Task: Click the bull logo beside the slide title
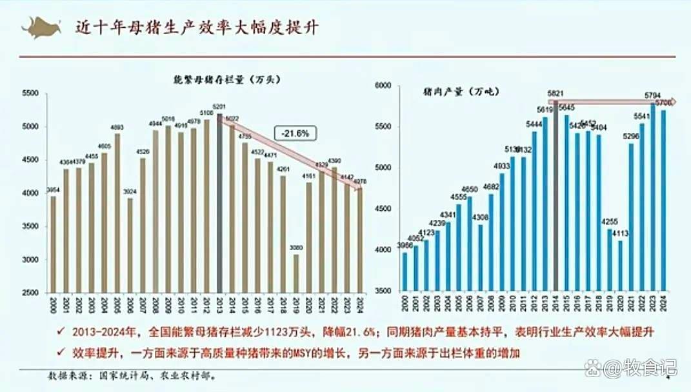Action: (40, 28)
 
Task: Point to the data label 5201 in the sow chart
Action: (219, 107)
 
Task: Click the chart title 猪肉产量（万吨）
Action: (452, 91)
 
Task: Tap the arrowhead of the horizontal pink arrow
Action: (672, 101)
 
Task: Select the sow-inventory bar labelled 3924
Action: (131, 245)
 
